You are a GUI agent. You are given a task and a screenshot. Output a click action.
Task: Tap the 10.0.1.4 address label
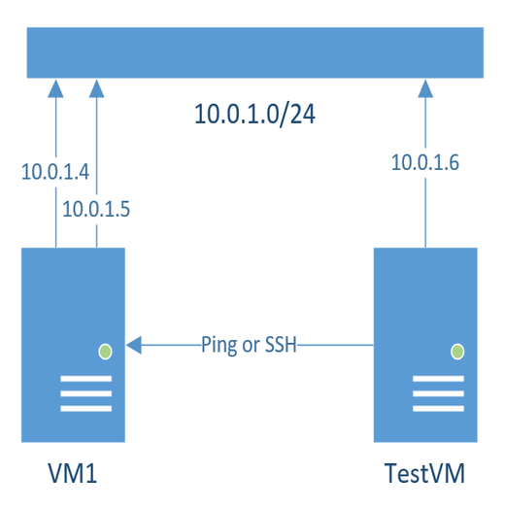55,173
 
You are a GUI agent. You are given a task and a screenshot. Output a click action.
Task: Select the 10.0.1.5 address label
95,208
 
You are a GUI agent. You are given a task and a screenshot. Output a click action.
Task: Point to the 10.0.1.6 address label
424,162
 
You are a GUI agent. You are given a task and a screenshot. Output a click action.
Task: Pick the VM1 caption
73,474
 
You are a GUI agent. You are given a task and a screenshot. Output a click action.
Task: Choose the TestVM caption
424,474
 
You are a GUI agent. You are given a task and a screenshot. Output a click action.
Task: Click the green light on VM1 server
106,350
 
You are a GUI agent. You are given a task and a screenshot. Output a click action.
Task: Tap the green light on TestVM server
457,350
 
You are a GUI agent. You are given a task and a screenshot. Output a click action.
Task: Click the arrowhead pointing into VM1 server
134,344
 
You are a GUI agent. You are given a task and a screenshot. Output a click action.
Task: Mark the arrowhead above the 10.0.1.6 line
424,89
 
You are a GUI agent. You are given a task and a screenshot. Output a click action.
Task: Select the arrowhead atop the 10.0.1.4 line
55,89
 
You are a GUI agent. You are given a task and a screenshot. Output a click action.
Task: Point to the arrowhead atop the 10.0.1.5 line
95,89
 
